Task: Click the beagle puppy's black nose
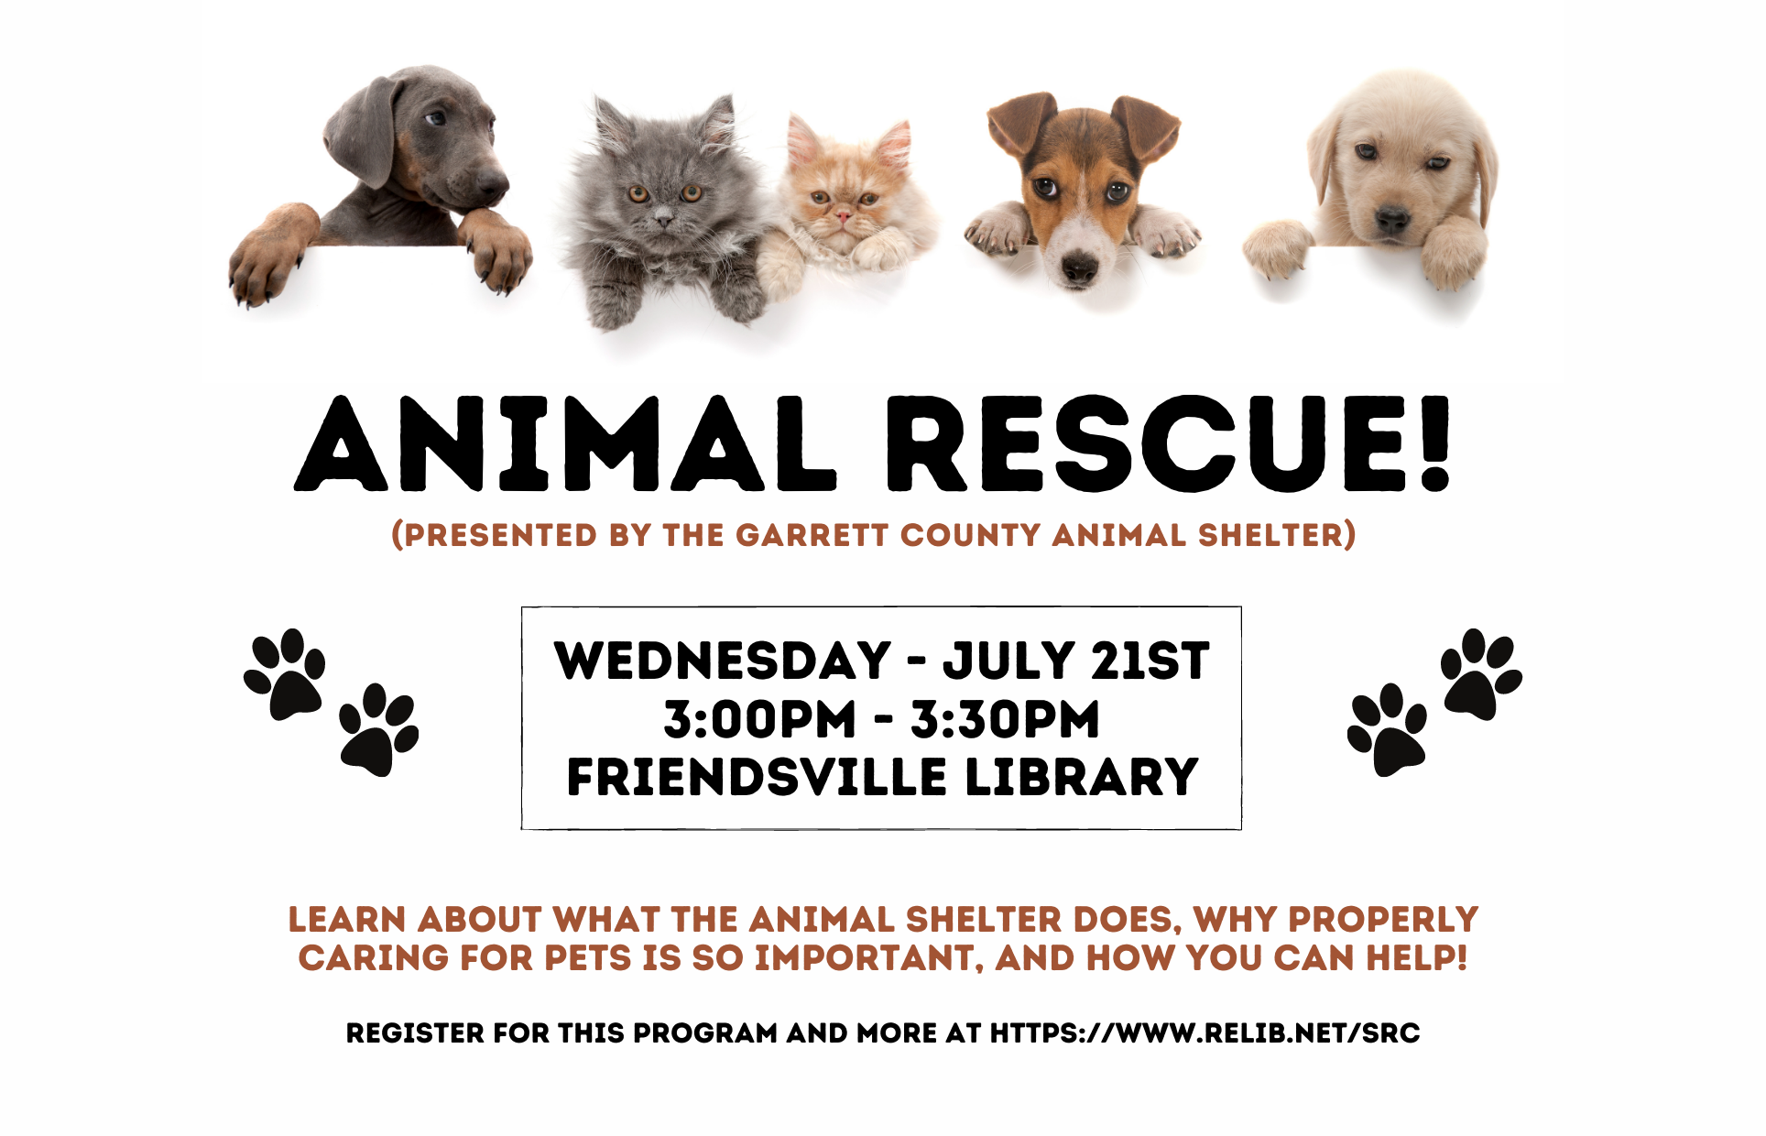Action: coord(1079,268)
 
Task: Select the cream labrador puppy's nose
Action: coord(1392,220)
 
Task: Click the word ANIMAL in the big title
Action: coord(565,443)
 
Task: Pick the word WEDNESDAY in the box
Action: coord(723,661)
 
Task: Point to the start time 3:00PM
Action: coord(760,719)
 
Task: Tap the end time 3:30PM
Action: coord(1005,719)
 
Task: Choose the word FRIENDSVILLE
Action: coord(757,777)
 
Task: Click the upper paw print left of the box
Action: coord(285,674)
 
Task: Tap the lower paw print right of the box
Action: coord(1387,730)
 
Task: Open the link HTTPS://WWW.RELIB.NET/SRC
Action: coord(1205,1033)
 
